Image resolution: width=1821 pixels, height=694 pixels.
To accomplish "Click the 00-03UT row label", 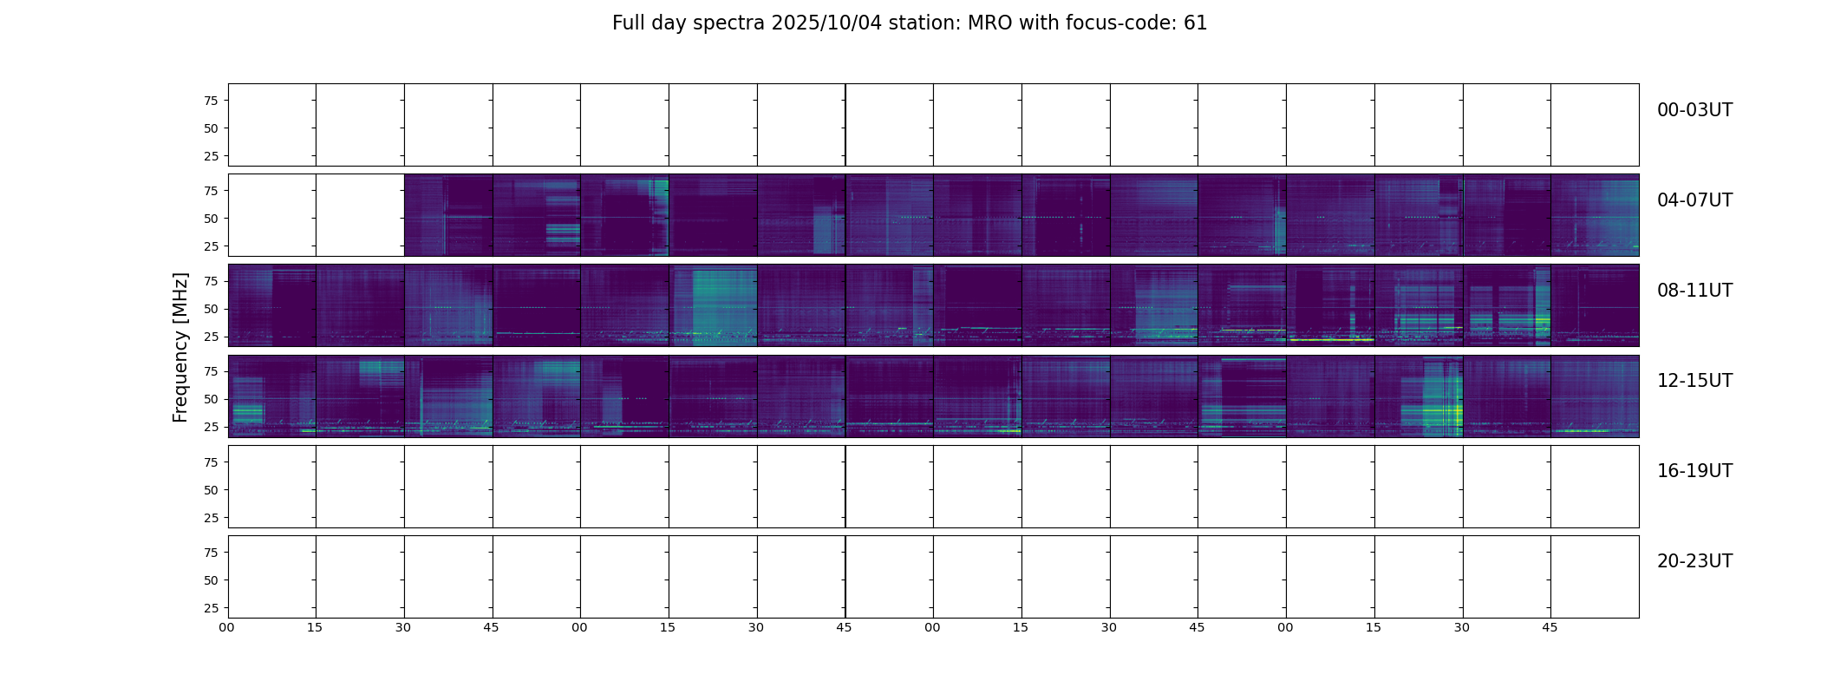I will click(1694, 110).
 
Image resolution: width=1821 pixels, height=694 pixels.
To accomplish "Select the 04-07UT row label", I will click(1694, 200).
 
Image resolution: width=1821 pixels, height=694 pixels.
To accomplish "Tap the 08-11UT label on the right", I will click(1694, 291).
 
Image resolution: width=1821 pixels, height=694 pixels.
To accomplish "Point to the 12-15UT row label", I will click(1694, 381).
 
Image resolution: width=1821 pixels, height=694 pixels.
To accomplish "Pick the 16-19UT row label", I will click(1694, 471).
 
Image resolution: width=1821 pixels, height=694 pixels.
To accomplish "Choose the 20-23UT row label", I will click(1694, 561).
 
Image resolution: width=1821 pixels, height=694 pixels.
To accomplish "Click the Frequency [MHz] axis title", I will click(180, 347).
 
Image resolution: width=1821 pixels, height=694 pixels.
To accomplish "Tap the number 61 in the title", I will click(1195, 23).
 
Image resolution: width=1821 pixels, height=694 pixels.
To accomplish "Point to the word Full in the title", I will click(628, 23).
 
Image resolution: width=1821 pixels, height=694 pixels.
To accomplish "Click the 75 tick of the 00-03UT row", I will click(210, 101).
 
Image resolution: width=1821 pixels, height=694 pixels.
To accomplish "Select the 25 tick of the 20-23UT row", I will click(210, 608).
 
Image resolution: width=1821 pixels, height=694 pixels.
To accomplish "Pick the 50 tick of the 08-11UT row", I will click(210, 309).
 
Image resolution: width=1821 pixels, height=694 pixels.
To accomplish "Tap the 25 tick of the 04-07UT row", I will click(210, 246).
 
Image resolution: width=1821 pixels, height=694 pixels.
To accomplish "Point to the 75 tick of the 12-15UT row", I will click(210, 371).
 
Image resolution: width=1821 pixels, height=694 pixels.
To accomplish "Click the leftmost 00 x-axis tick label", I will click(226, 627).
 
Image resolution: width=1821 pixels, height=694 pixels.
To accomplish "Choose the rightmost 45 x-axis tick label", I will click(1550, 627).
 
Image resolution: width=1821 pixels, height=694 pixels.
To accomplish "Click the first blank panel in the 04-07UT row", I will click(272, 215).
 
